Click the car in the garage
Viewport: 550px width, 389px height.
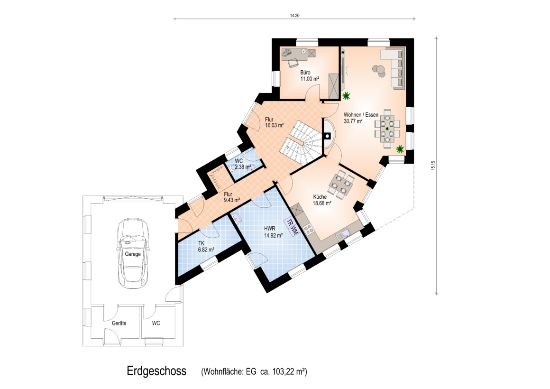point(133,253)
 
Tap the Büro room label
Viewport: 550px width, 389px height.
point(305,73)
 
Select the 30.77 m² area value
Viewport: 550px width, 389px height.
point(353,121)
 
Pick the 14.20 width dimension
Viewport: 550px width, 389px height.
point(294,16)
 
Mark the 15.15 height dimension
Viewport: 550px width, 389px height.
point(433,166)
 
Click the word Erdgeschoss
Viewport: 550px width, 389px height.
point(156,371)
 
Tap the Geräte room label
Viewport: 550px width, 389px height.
point(119,323)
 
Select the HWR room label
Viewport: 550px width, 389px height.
point(270,229)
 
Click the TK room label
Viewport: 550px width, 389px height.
point(202,243)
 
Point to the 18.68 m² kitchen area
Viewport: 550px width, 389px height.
point(322,204)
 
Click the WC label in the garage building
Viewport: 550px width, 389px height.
point(156,323)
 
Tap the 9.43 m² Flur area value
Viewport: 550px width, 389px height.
point(232,200)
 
